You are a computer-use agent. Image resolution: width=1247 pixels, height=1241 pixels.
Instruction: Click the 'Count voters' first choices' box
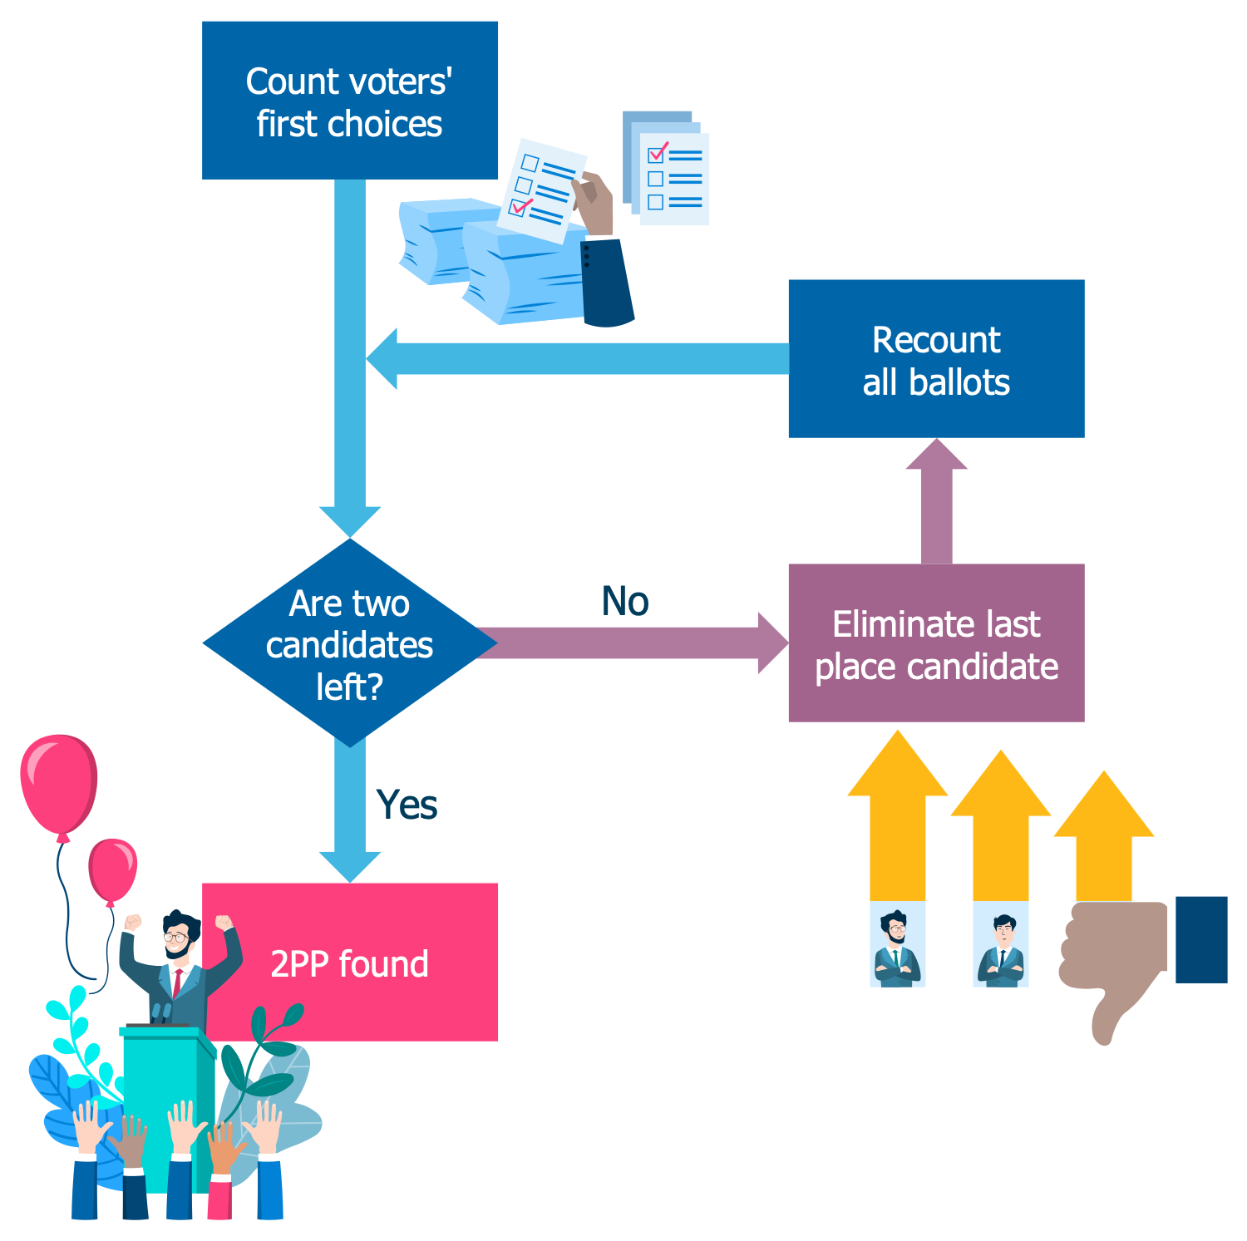pyautogui.click(x=350, y=101)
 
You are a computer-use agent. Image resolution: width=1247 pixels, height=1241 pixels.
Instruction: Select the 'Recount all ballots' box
pyautogui.click(x=936, y=358)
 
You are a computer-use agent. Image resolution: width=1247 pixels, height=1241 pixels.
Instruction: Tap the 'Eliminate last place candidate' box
pyautogui.click(x=936, y=643)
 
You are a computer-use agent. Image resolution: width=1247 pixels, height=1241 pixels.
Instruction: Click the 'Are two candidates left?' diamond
pyautogui.click(x=350, y=643)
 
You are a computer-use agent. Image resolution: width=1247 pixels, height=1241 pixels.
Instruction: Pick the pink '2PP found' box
pyautogui.click(x=350, y=962)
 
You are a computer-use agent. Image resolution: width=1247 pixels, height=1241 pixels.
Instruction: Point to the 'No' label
pyautogui.click(x=625, y=601)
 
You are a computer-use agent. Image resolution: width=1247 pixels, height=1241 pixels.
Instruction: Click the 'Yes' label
pyautogui.click(x=407, y=805)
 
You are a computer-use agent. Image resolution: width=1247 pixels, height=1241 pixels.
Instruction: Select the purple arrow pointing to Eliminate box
pyautogui.click(x=632, y=643)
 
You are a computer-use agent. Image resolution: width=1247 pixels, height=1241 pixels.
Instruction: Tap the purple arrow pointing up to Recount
pyautogui.click(x=936, y=501)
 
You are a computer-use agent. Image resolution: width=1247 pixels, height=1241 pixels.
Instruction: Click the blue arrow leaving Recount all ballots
pyautogui.click(x=578, y=358)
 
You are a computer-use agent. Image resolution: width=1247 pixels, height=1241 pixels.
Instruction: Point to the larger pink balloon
pyautogui.click(x=59, y=785)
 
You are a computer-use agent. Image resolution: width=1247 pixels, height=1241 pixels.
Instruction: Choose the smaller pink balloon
pyautogui.click(x=112, y=870)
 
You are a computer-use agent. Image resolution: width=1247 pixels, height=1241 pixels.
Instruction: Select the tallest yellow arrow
pyautogui.click(x=897, y=816)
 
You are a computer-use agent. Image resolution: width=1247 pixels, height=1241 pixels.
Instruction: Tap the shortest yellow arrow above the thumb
pyautogui.click(x=1104, y=836)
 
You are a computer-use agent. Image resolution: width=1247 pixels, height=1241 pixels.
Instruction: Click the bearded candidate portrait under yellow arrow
pyautogui.click(x=897, y=945)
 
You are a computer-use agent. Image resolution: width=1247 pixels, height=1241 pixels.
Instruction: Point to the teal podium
pyautogui.click(x=166, y=1106)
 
